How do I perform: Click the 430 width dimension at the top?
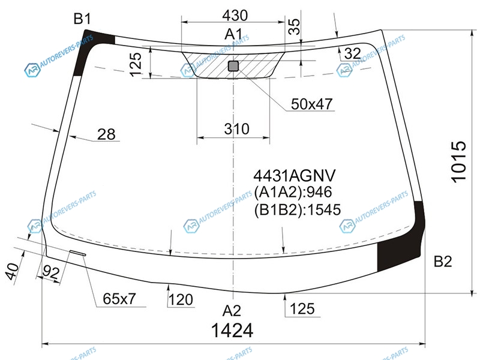coord(235,16)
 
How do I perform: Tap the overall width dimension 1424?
coord(232,331)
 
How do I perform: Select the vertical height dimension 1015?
coord(459,161)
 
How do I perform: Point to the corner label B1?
coord(82,19)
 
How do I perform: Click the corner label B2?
coord(443,262)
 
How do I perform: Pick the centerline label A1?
coord(233,34)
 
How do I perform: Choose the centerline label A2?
coord(232,311)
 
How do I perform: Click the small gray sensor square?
coord(233,66)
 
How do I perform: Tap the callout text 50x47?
coord(311,104)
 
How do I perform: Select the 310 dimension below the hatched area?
coord(236,129)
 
